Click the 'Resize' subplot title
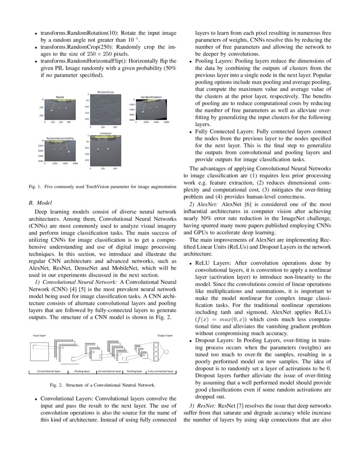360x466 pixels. (60, 97)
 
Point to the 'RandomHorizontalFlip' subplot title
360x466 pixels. (60, 139)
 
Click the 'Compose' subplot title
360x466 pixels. (105, 133)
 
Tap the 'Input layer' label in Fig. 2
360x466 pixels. (39, 335)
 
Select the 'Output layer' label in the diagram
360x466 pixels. (165, 335)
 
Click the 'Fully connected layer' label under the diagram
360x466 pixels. (161, 371)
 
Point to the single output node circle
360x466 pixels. (166, 352)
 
